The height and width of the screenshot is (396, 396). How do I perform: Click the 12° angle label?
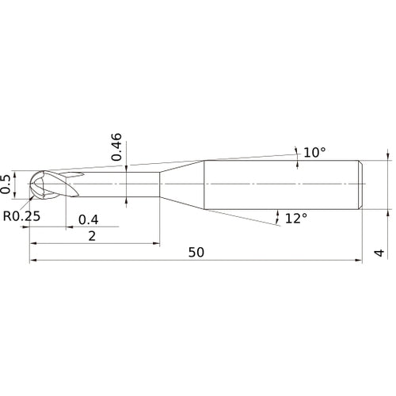tap(295, 217)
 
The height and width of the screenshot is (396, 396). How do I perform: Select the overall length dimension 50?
tap(196, 252)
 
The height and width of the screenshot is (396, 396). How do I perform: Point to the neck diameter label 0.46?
tap(117, 147)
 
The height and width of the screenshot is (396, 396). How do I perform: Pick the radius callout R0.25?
tap(21, 215)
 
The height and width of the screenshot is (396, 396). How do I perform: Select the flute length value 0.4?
tap(88, 219)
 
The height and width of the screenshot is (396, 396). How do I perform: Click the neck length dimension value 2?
tap(93, 237)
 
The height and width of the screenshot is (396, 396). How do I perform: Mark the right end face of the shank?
tap(363, 185)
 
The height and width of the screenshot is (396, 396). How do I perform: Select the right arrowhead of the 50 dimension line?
tap(360, 261)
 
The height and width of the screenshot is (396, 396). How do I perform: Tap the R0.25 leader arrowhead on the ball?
tap(33, 197)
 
